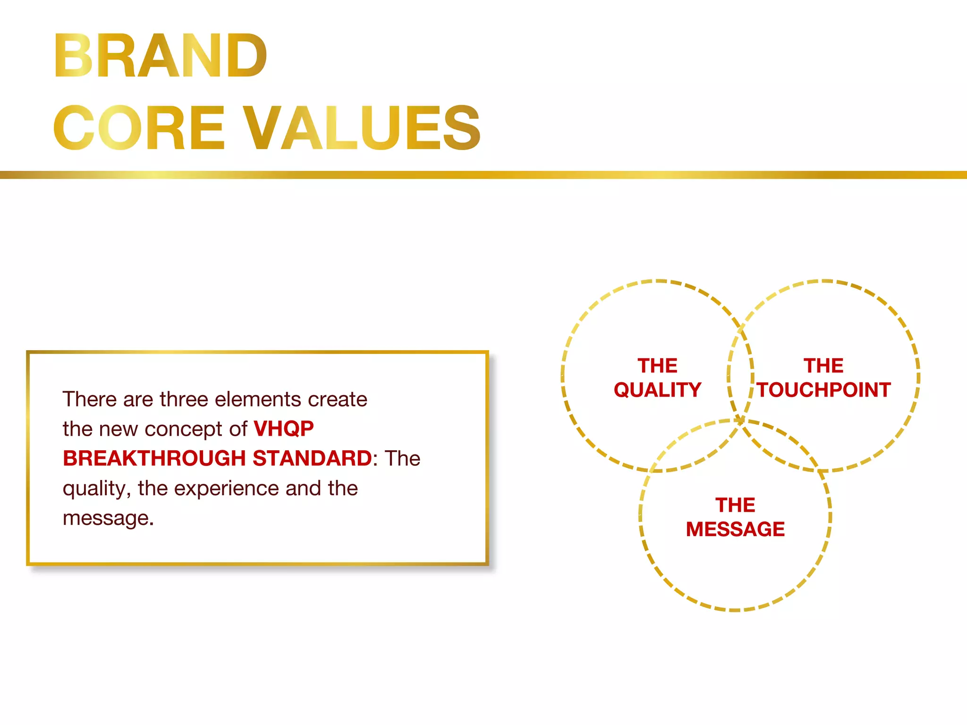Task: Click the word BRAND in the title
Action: click(161, 56)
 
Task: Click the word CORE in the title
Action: click(139, 128)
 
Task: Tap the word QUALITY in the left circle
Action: click(657, 390)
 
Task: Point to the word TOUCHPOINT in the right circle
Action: click(824, 390)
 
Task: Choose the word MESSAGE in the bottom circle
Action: click(735, 529)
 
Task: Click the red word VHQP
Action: click(283, 429)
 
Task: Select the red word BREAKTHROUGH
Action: click(154, 458)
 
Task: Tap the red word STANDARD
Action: click(312, 458)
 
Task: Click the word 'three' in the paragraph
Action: click(184, 399)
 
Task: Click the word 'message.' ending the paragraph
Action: click(108, 518)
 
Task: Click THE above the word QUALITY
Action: click(657, 366)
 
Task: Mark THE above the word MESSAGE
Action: click(735, 505)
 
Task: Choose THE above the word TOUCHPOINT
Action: click(823, 366)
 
